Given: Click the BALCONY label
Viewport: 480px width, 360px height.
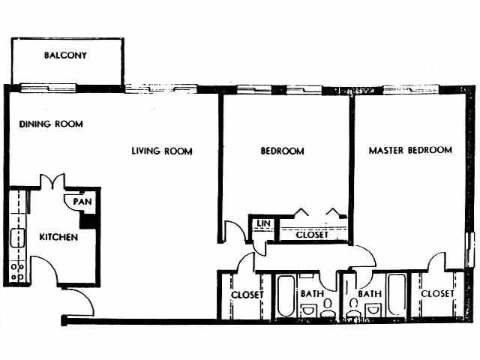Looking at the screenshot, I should coord(65,55).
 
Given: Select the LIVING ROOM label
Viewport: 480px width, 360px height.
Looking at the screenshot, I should coord(162,151).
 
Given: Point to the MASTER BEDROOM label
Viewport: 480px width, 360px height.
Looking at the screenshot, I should coord(410,150).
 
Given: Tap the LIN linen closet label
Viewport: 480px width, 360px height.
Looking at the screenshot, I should coord(262,223).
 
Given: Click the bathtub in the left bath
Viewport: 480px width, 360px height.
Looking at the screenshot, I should coord(285,295).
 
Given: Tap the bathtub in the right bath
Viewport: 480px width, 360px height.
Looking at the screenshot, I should coord(396,295).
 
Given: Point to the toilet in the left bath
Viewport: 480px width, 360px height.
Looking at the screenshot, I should coord(328,307).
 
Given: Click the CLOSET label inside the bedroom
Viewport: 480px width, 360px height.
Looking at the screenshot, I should coord(312,235).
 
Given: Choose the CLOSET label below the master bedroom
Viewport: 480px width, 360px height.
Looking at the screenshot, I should coord(437,294).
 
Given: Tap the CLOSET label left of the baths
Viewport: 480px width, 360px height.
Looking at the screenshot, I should coord(246,294).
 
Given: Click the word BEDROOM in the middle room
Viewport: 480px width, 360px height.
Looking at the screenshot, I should coord(282,151).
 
